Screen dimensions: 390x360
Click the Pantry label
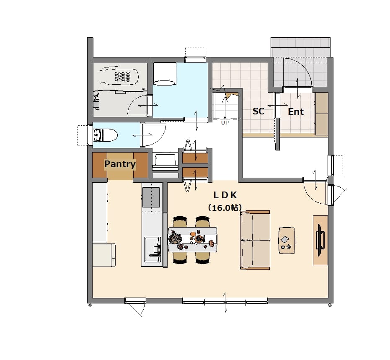120,164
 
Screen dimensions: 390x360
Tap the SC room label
258,111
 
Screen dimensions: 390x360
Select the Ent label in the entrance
296,111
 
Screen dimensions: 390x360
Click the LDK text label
225,195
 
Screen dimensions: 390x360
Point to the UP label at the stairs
225,122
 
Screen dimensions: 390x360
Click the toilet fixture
105,135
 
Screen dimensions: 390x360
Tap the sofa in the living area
255,240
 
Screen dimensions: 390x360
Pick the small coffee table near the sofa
287,240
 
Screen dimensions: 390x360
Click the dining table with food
193,240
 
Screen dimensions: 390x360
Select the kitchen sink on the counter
152,249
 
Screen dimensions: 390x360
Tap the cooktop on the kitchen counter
151,197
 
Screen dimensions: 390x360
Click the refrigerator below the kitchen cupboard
104,255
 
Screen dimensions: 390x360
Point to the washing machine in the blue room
164,74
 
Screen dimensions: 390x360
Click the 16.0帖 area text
225,208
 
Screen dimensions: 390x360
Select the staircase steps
225,105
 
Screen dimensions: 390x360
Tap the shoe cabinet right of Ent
322,114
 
